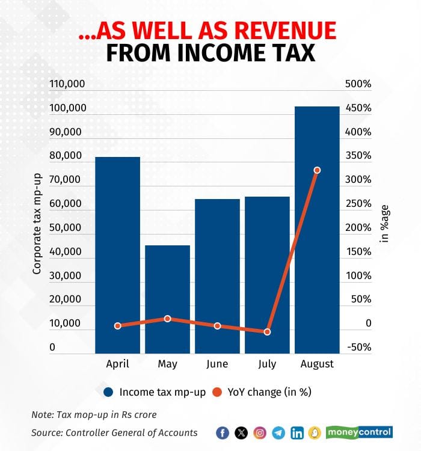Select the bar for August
tap(317, 229)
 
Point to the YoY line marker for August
tap(317, 170)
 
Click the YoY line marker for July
tap(267, 332)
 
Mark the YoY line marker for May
tap(168, 319)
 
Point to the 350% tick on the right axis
tap(358, 156)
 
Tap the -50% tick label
tap(359, 348)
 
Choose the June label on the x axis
tap(217, 364)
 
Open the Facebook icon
tap(223, 433)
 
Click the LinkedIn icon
tap(297, 433)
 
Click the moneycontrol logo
tap(359, 432)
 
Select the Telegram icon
tap(278, 433)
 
